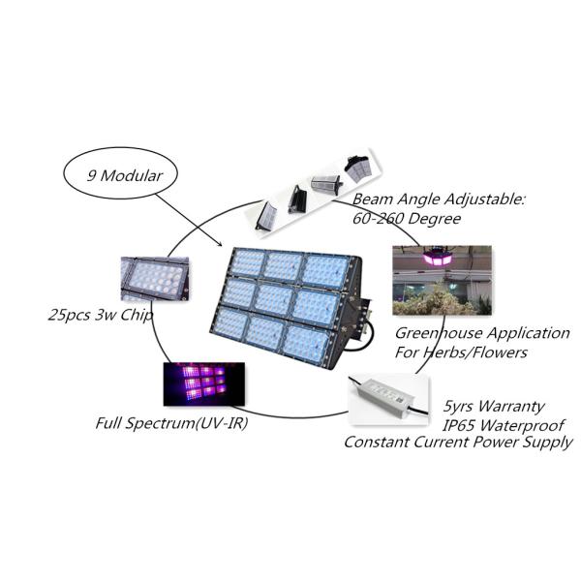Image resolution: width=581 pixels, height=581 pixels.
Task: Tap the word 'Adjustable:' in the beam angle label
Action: pyautogui.click(x=478, y=199)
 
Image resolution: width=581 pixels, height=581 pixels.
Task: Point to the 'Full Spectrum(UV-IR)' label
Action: pyautogui.click(x=166, y=423)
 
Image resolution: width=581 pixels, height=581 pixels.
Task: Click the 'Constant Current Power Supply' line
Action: pyautogui.click(x=459, y=443)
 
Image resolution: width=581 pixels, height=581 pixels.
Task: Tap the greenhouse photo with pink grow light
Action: pyautogui.click(x=441, y=281)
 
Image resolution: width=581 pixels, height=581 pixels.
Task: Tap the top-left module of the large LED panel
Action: pyautogui.click(x=248, y=263)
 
